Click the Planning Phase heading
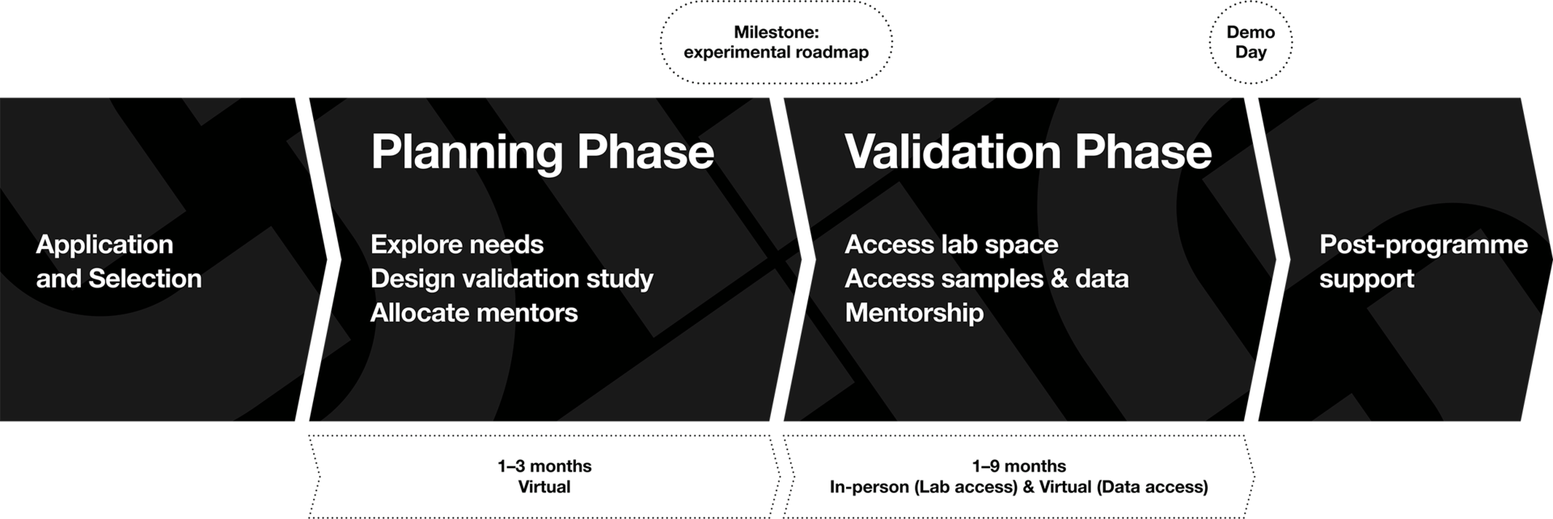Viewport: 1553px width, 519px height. (542, 152)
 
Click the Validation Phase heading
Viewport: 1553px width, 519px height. (1028, 152)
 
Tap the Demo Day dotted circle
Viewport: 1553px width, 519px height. (1250, 42)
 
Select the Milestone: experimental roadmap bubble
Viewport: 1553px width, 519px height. (776, 42)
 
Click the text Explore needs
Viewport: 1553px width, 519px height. (457, 244)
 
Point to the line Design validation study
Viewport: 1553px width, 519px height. (512, 279)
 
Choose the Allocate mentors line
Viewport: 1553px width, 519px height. (474, 313)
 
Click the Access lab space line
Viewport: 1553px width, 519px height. (951, 244)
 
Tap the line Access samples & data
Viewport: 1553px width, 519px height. (987, 279)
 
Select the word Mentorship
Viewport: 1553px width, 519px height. (914, 313)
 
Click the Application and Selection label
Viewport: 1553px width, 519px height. (119, 261)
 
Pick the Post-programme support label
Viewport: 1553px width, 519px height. (1424, 261)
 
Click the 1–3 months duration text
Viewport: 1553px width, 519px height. (544, 466)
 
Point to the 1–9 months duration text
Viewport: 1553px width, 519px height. (1019, 466)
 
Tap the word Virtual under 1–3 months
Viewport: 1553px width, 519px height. (544, 487)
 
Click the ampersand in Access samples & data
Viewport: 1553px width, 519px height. (1059, 279)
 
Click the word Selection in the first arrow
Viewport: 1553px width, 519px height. (145, 279)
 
